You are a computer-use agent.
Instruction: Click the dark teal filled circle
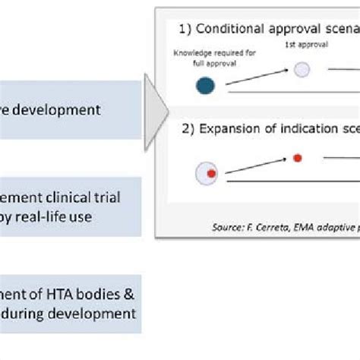(x=206, y=86)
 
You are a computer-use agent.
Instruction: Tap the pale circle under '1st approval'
(x=302, y=71)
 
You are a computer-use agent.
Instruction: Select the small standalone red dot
(x=298, y=159)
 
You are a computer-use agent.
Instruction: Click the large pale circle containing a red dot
(x=206, y=174)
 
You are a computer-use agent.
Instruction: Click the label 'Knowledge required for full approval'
(x=205, y=58)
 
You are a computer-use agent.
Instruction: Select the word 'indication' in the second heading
(x=300, y=128)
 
